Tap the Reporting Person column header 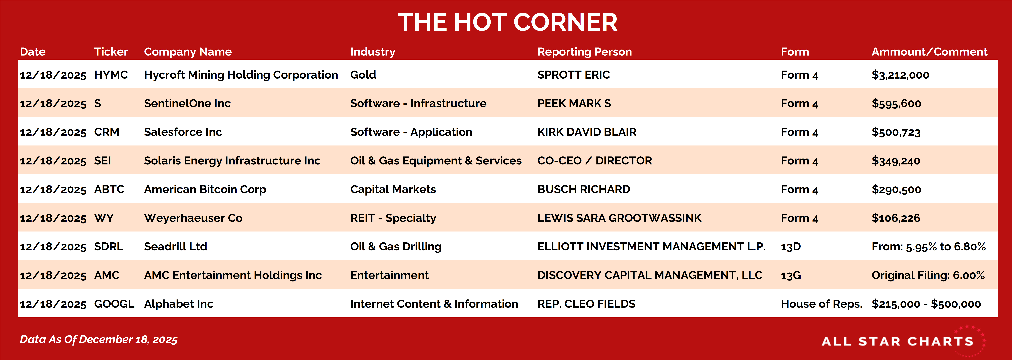point(585,52)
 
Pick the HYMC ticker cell point(111,75)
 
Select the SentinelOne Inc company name point(187,103)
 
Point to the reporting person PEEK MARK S point(574,103)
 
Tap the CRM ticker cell point(106,132)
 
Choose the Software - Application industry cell point(411,132)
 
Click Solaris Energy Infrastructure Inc point(232,161)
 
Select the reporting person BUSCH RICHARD point(584,189)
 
